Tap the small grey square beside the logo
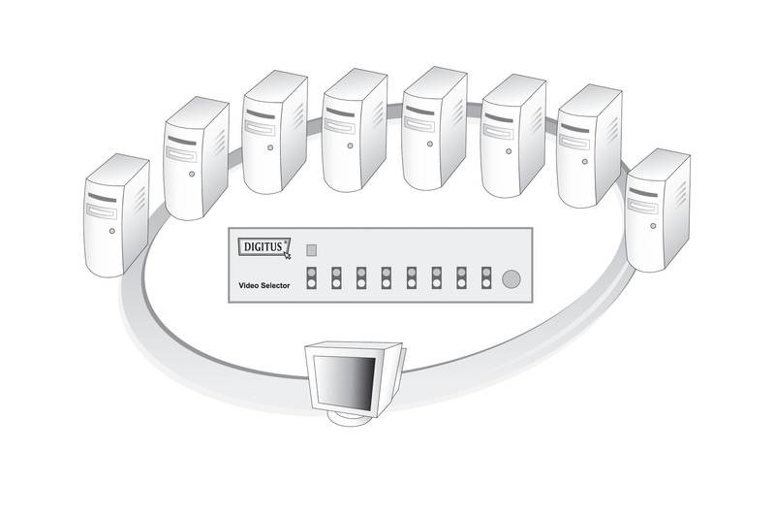(312, 249)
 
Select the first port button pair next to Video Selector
(312, 279)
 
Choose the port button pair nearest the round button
(485, 279)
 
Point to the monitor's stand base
(352, 420)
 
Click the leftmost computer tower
(116, 215)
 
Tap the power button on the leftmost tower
(113, 234)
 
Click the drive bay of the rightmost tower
(643, 203)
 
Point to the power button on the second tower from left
(192, 175)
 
